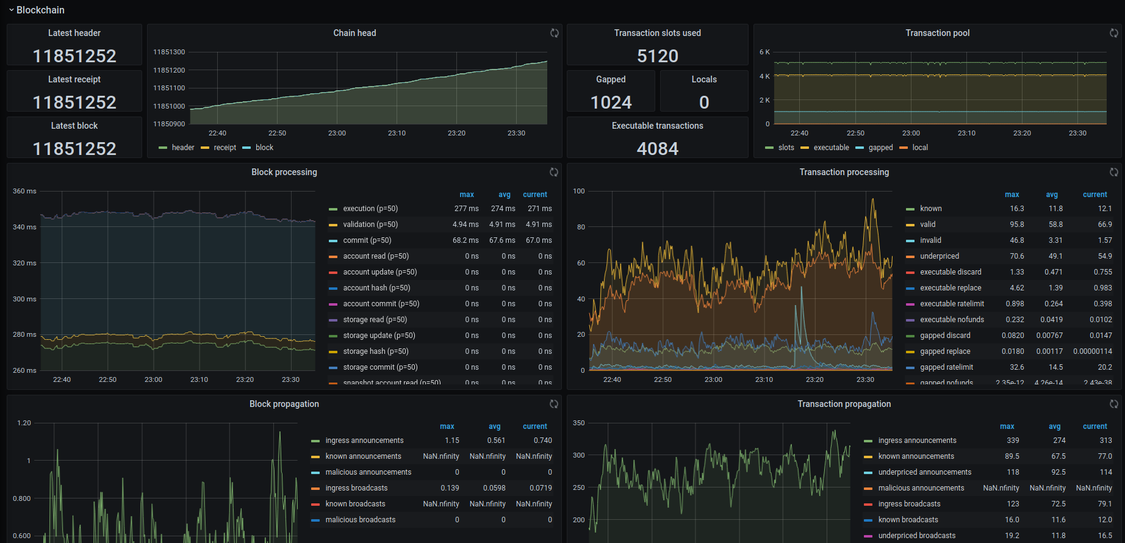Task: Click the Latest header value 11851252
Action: tap(74, 56)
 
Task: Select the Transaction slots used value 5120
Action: tap(657, 56)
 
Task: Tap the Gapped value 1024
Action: tap(611, 102)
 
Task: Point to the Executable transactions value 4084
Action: tap(657, 149)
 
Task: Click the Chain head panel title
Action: tap(354, 33)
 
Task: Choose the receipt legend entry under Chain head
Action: tap(225, 148)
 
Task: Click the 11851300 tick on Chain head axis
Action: tap(169, 52)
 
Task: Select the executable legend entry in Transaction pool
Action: tap(831, 148)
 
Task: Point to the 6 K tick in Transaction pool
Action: tap(764, 52)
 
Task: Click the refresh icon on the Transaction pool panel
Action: tap(1113, 33)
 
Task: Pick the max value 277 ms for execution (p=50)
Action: tap(466, 209)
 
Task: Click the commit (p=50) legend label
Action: tap(367, 240)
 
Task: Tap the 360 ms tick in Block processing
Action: tap(24, 191)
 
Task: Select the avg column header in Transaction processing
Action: tap(1052, 195)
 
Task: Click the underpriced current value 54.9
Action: tap(1104, 256)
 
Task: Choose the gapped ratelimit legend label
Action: tap(946, 367)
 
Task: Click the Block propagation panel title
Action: tap(284, 404)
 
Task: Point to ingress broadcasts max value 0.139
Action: tap(450, 488)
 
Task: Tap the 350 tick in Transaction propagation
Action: tap(578, 423)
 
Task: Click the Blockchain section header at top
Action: tap(40, 10)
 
